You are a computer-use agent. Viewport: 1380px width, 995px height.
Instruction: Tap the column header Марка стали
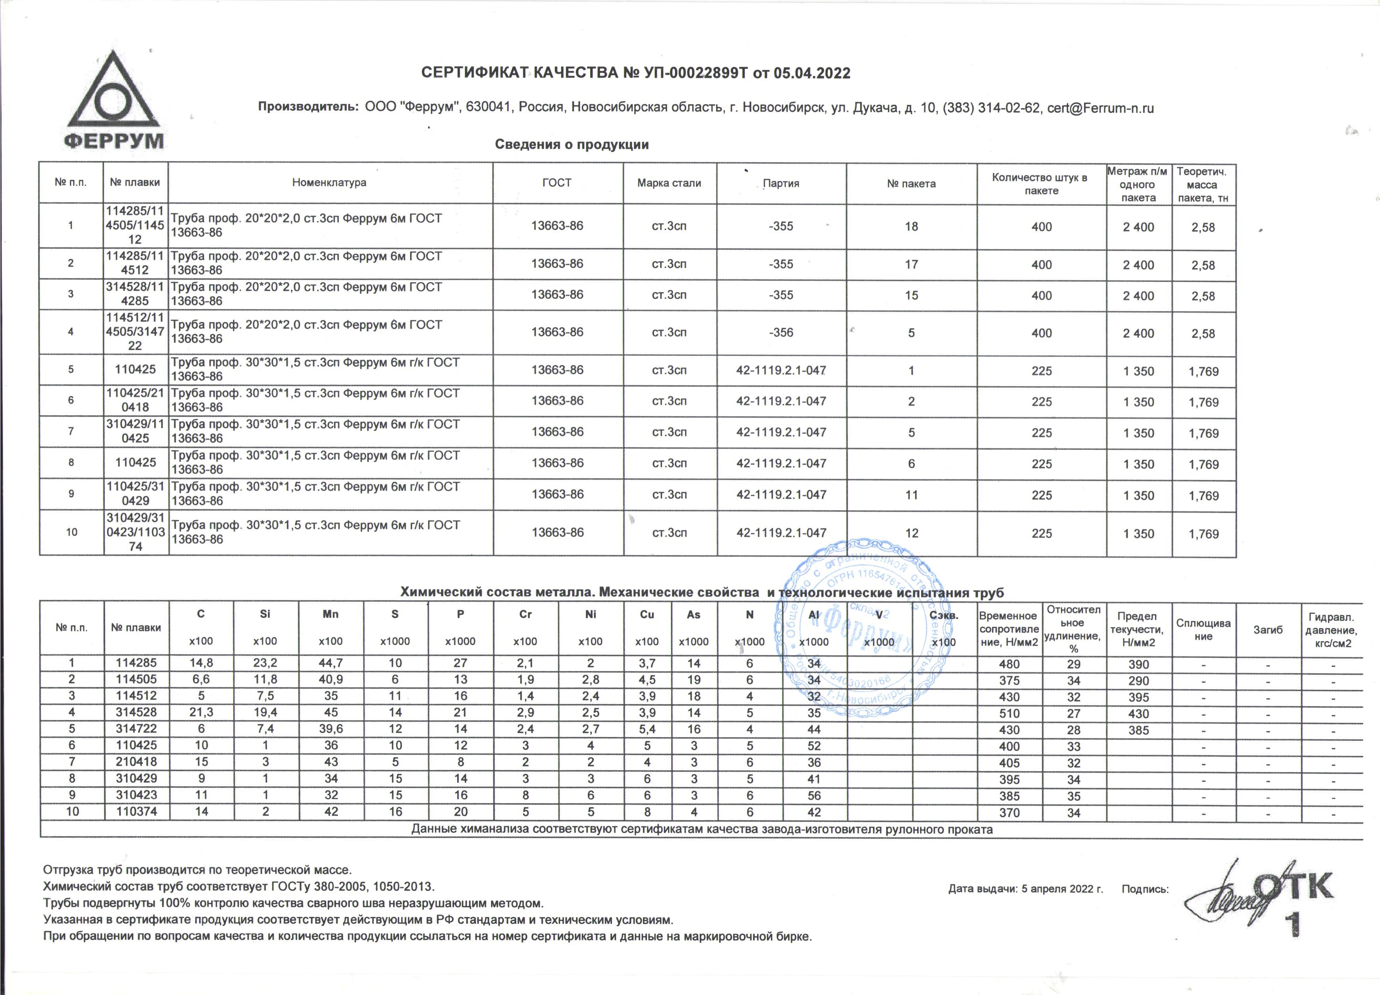tap(669, 183)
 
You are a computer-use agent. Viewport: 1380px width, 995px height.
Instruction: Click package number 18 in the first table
tap(911, 226)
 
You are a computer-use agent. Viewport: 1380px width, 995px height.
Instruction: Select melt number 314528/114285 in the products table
tap(135, 294)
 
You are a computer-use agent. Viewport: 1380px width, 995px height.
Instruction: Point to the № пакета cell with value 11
tap(911, 495)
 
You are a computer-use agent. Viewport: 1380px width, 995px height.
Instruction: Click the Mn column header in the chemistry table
tap(331, 615)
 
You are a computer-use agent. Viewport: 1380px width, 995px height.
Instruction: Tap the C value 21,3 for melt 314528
tap(201, 713)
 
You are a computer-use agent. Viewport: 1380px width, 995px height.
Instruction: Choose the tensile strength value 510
tap(1009, 713)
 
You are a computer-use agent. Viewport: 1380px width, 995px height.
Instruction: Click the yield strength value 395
tap(1138, 697)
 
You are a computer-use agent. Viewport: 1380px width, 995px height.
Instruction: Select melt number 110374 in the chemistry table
tap(137, 812)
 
